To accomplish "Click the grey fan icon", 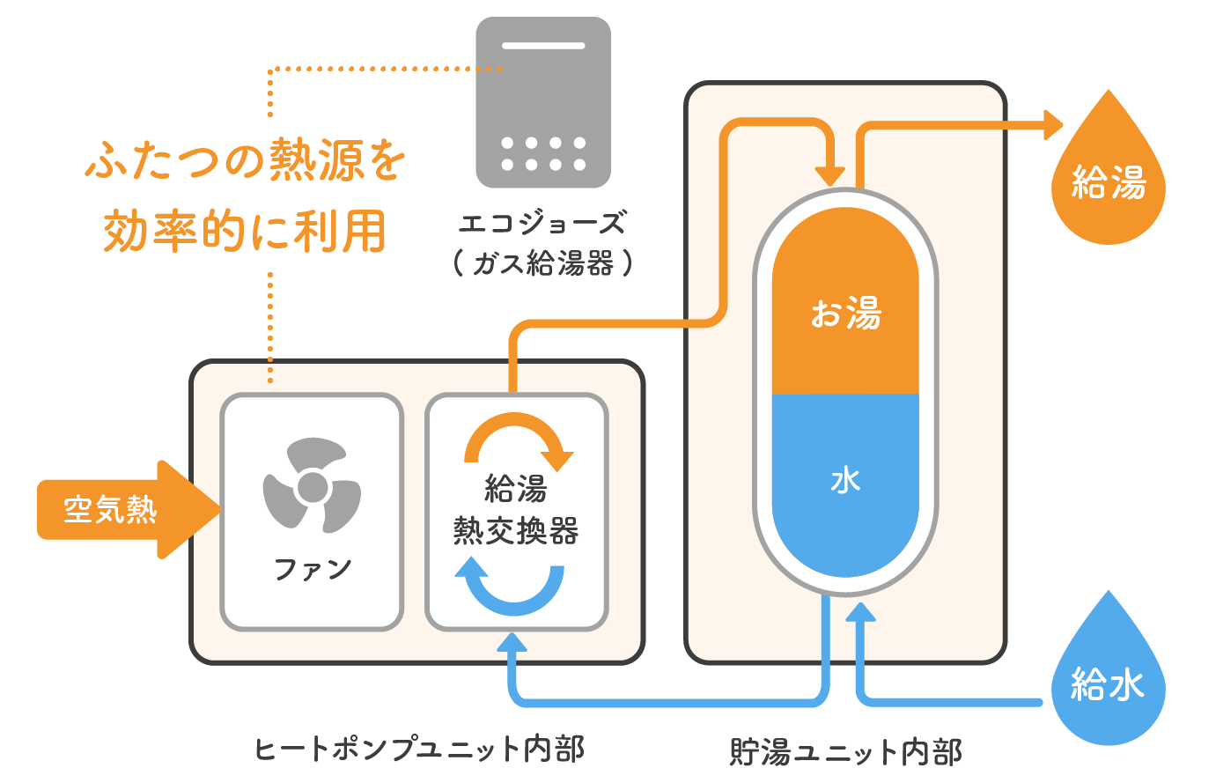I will pyautogui.click(x=312, y=487).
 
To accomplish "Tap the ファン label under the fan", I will pyautogui.click(x=313, y=569).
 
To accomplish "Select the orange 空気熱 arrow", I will pyautogui.click(x=123, y=509).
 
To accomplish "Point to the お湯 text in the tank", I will pyautogui.click(x=845, y=313).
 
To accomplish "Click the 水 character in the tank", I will pyautogui.click(x=845, y=480).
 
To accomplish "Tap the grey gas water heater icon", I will pyautogui.click(x=543, y=102).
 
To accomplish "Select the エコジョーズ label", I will pyautogui.click(x=542, y=224).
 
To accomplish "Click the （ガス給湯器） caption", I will pyautogui.click(x=542, y=262).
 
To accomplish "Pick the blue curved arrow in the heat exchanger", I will pyautogui.click(x=511, y=588).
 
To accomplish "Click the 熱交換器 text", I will pyautogui.click(x=516, y=531).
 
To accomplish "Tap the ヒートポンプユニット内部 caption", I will pyautogui.click(x=419, y=749).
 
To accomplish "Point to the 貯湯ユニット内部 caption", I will pyautogui.click(x=845, y=752).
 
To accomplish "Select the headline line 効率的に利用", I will pyautogui.click(x=245, y=231).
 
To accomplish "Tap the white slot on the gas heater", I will pyautogui.click(x=543, y=45).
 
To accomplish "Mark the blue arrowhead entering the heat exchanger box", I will pyautogui.click(x=512, y=641).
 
